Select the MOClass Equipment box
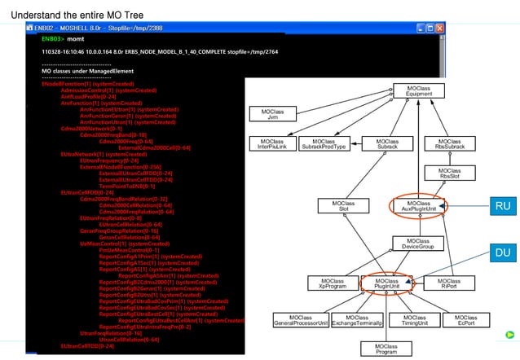(419, 90)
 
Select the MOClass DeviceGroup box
(419, 244)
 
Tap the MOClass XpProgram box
(332, 283)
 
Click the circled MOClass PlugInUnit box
(386, 283)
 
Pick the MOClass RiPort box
(448, 283)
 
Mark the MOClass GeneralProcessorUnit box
(300, 320)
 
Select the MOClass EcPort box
(466, 320)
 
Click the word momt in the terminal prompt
(75, 38)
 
